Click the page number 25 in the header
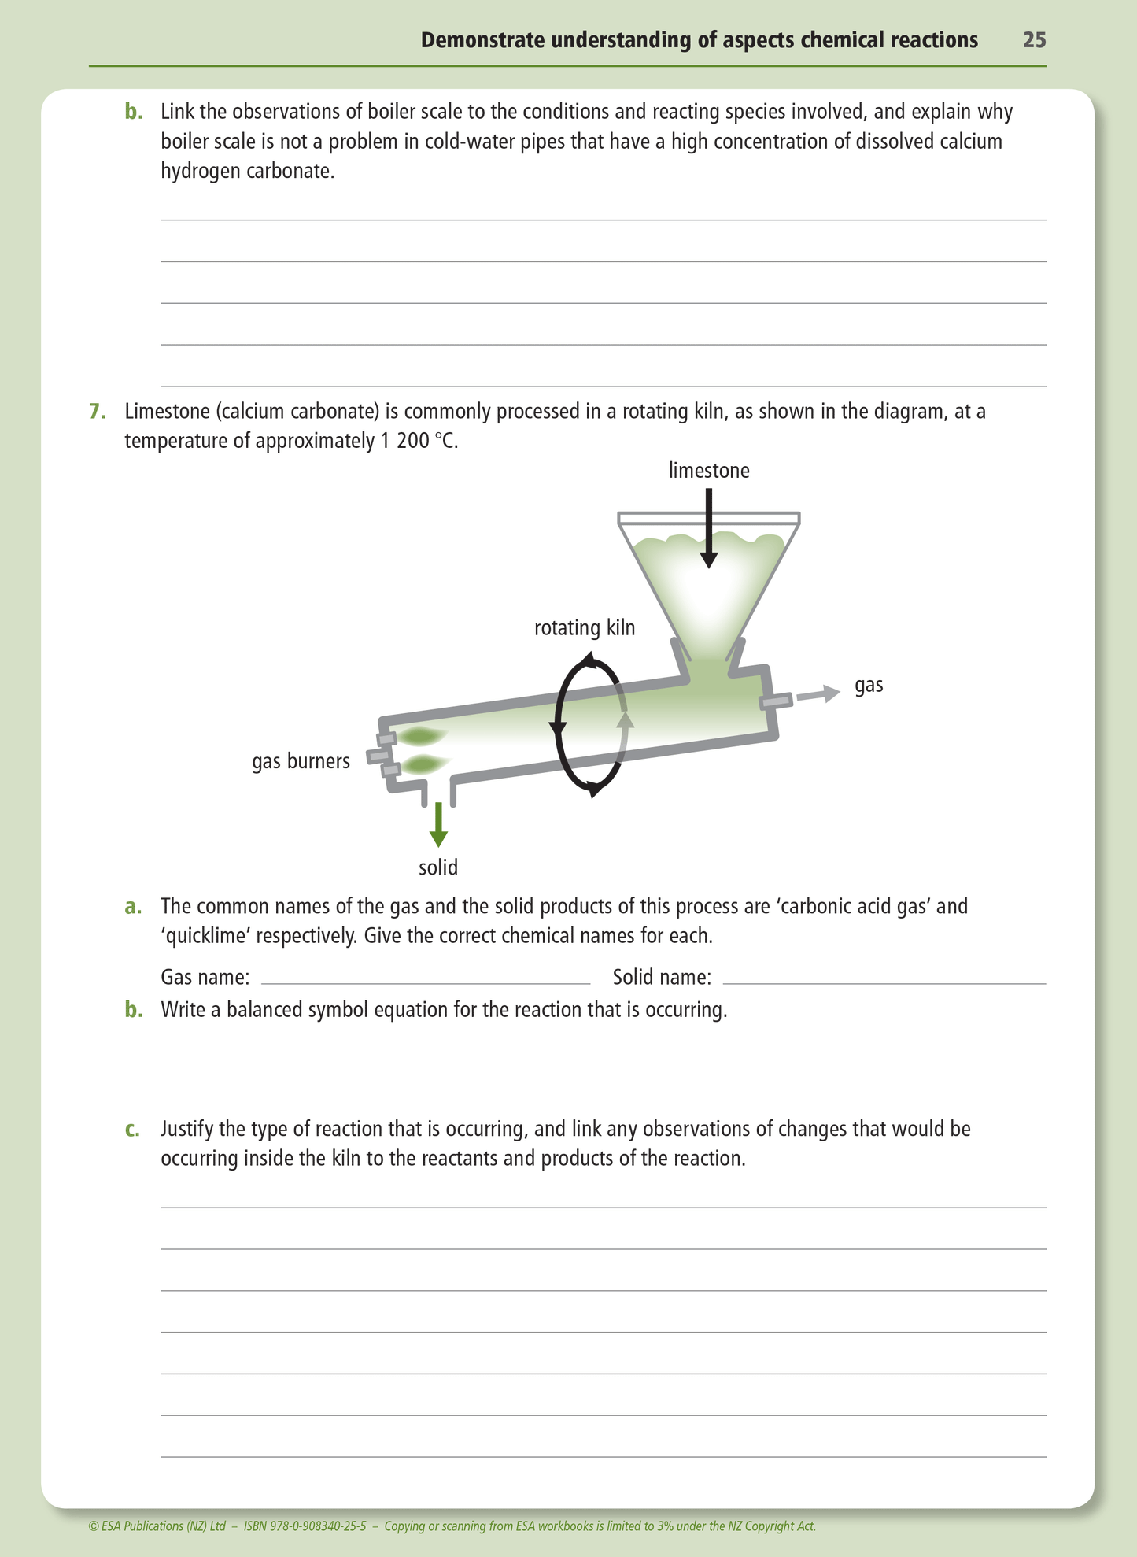coord(1034,40)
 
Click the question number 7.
coord(96,412)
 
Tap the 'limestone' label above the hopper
coord(709,471)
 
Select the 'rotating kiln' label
coord(584,628)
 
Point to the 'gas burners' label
coord(301,761)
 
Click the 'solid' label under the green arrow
coord(438,867)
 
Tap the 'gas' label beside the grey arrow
coord(869,685)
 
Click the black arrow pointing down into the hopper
coord(709,527)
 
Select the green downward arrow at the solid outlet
coord(438,824)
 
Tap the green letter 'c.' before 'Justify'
coord(133,1130)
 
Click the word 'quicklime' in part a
coord(202,937)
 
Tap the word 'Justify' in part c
coord(188,1130)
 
